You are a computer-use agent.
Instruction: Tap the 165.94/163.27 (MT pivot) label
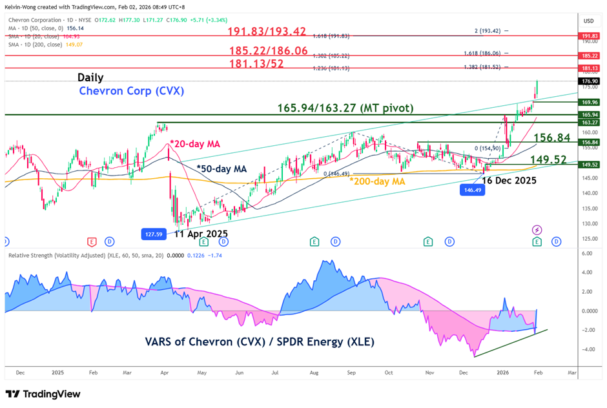click(345, 108)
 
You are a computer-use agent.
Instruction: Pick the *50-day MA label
click(221, 168)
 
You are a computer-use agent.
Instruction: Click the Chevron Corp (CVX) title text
click(132, 91)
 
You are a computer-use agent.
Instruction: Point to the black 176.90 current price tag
click(590, 81)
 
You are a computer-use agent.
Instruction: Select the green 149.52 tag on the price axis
click(590, 165)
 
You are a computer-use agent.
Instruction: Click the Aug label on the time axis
click(314, 372)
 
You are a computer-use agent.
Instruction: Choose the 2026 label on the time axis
click(501, 372)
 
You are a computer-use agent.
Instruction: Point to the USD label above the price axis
click(588, 21)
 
